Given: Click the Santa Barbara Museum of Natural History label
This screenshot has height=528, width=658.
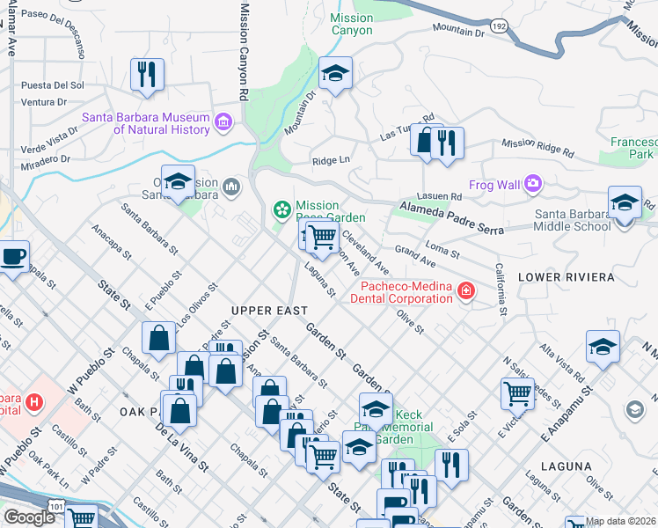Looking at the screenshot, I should (146, 123).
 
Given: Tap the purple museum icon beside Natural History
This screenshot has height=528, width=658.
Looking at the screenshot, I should (223, 120).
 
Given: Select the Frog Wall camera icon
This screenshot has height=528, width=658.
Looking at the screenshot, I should (532, 184).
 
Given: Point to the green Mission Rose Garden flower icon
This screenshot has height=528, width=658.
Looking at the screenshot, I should (282, 209).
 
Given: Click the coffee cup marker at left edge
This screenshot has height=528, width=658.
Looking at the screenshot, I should (12, 257).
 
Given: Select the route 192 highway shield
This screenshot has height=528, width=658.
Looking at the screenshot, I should (498, 26).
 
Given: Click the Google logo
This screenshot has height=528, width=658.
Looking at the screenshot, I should (28, 517).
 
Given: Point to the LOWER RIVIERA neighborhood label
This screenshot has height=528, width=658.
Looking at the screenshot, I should (566, 276).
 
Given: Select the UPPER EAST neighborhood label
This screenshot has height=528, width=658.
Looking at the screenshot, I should (269, 311).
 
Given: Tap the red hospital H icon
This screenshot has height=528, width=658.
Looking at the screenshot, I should (34, 402).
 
